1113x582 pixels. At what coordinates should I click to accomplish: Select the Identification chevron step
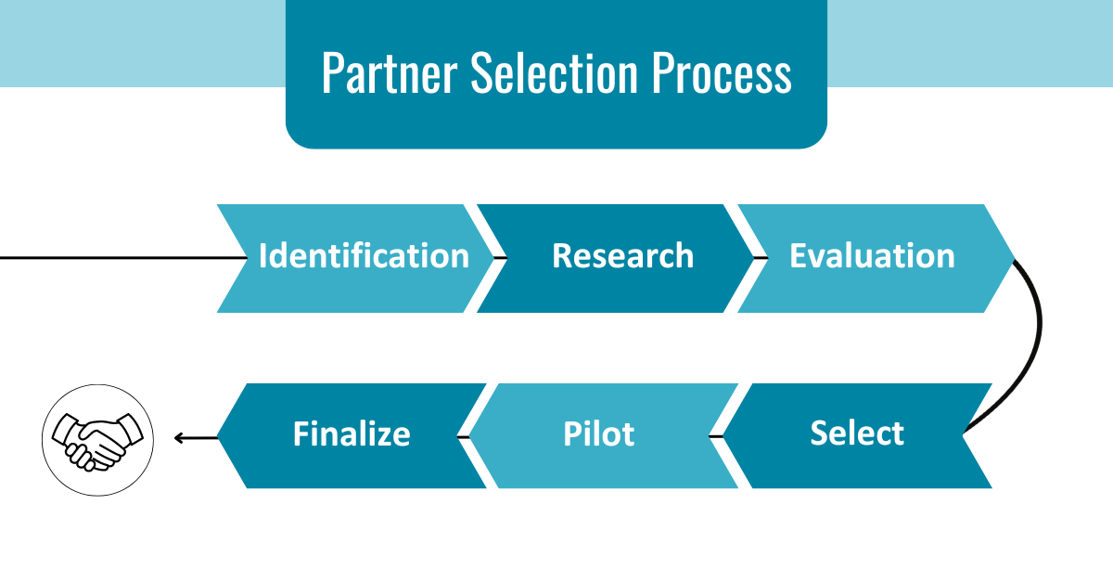point(363,256)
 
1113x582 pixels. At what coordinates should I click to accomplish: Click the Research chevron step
point(622,256)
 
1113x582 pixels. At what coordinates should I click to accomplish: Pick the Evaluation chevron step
point(872,256)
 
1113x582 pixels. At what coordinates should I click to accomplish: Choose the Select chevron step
point(857,433)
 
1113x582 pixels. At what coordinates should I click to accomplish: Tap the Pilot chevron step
point(599,434)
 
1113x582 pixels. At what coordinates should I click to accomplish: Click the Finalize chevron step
point(352,434)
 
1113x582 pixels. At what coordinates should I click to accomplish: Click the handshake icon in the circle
point(98,436)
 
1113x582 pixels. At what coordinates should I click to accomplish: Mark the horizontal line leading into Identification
point(111,257)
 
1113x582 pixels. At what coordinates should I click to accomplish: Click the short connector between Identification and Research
point(499,257)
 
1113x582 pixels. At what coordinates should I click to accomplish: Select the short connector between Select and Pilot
point(715,434)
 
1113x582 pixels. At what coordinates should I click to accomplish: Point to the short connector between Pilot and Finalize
point(462,434)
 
